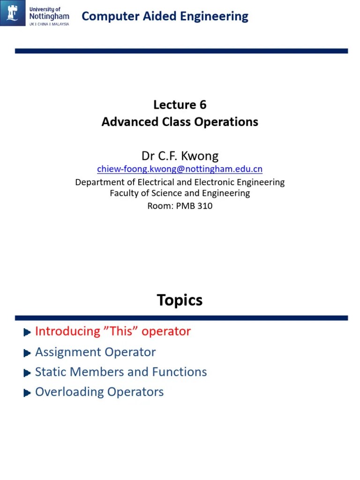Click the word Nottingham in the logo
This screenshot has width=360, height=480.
(x=49, y=16)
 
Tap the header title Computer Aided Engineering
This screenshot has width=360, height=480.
(x=165, y=16)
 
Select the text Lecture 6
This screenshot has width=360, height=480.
(x=180, y=105)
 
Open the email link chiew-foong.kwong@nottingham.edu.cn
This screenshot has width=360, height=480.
(x=180, y=169)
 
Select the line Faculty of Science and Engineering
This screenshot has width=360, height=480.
(x=180, y=193)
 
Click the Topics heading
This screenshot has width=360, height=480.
(x=180, y=300)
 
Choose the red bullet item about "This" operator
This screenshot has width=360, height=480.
(x=113, y=331)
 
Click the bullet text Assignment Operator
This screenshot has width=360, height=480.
(x=95, y=352)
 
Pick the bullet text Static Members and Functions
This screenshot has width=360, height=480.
(x=121, y=372)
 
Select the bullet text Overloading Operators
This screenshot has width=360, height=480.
(x=99, y=392)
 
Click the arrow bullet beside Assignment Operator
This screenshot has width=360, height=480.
(x=27, y=353)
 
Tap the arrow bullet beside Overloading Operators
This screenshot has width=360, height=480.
(x=27, y=393)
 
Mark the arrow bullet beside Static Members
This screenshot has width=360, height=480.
(x=27, y=373)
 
